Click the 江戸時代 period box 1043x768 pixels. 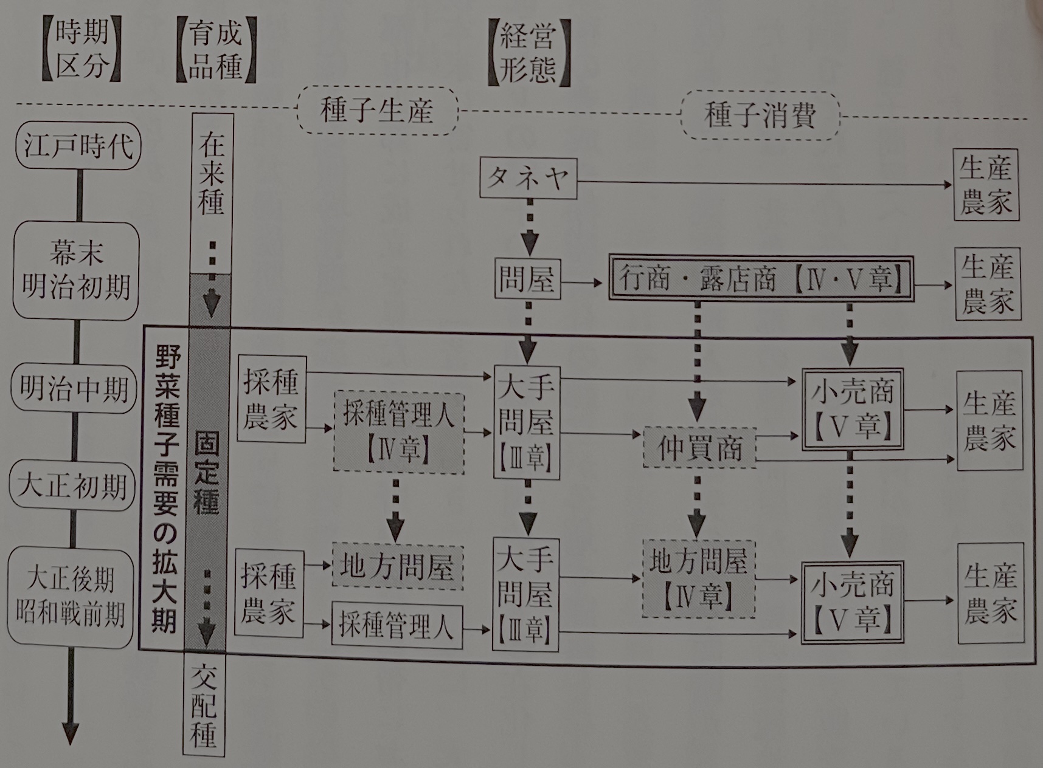pos(78,146)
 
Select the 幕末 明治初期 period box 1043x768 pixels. pos(77,270)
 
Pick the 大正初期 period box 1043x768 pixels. pos(72,486)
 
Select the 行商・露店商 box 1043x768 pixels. pos(761,279)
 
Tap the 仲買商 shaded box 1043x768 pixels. pos(699,448)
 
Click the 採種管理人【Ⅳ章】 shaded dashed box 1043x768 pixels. pos(399,433)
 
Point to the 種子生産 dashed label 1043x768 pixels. pos(377,111)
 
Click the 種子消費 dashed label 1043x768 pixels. pos(760,114)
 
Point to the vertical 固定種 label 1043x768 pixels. pos(207,474)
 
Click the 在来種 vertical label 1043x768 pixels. pos(212,174)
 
